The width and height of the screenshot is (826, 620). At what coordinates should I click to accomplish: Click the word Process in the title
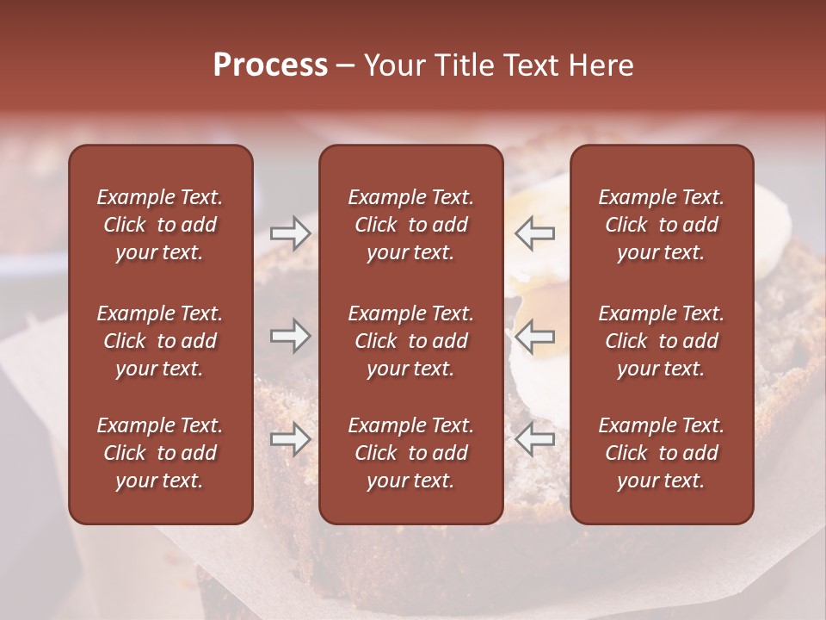(270, 65)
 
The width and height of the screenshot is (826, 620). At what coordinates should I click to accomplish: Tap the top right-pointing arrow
(290, 233)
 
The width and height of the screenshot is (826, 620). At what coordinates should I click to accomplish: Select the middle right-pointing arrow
(290, 336)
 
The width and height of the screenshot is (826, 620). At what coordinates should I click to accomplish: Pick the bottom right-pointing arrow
(290, 438)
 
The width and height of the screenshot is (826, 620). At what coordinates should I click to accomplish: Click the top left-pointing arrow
(535, 233)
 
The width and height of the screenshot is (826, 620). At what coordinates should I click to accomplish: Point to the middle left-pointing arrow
(535, 336)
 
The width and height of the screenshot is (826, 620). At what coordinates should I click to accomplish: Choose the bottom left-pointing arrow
(535, 438)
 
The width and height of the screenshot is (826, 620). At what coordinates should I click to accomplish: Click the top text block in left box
(160, 225)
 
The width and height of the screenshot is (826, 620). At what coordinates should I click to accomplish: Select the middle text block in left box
(160, 341)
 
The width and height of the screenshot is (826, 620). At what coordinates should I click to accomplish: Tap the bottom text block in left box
(160, 453)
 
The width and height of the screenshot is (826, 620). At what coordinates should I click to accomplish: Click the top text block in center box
(410, 225)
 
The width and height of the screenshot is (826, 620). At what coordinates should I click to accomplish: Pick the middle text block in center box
(410, 341)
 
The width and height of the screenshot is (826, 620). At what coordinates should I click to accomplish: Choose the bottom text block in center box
(410, 453)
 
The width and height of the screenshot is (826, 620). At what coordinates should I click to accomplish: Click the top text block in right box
(661, 225)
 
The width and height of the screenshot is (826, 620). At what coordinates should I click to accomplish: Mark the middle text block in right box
(661, 341)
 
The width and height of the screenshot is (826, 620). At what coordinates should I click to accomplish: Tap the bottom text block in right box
(661, 453)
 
